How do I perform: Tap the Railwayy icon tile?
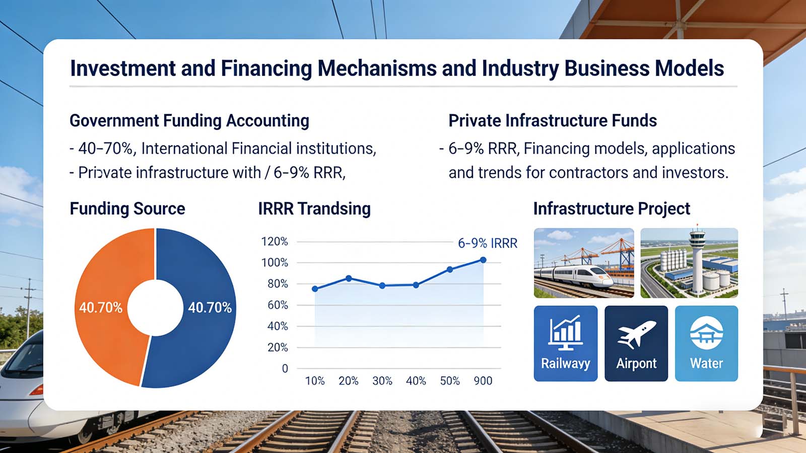[565, 343]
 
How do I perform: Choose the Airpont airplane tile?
[636, 343]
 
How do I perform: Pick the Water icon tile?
[706, 343]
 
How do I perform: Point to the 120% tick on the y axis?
[275, 242]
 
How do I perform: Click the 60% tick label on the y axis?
[278, 305]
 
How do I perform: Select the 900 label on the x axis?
[483, 381]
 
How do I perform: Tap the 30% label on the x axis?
[382, 381]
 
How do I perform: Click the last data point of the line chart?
[483, 260]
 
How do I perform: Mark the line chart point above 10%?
[315, 289]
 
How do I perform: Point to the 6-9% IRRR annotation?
[487, 244]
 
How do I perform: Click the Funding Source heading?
[127, 208]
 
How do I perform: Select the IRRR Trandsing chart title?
[314, 208]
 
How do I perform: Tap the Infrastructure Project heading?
[612, 208]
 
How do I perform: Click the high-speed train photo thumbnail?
[584, 263]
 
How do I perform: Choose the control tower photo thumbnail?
[689, 263]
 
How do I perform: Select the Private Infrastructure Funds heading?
[553, 121]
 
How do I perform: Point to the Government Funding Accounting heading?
[189, 121]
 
